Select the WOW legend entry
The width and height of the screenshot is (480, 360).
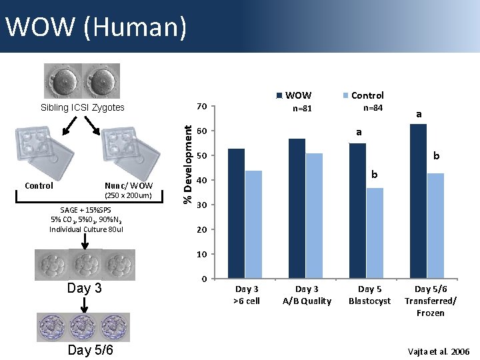(293, 95)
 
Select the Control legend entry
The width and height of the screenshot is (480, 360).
(363, 95)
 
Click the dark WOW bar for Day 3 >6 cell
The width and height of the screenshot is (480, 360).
(236, 213)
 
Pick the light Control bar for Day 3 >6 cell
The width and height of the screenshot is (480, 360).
(253, 224)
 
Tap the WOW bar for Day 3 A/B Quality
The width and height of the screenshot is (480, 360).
(297, 208)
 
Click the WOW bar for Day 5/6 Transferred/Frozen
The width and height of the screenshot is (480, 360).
(418, 201)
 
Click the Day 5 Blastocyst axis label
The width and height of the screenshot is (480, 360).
(369, 295)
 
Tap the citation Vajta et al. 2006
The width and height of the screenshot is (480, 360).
(439, 351)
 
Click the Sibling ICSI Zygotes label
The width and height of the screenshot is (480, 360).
(82, 107)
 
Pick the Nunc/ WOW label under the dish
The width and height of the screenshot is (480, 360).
(129, 185)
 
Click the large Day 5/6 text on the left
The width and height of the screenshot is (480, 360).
(90, 350)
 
